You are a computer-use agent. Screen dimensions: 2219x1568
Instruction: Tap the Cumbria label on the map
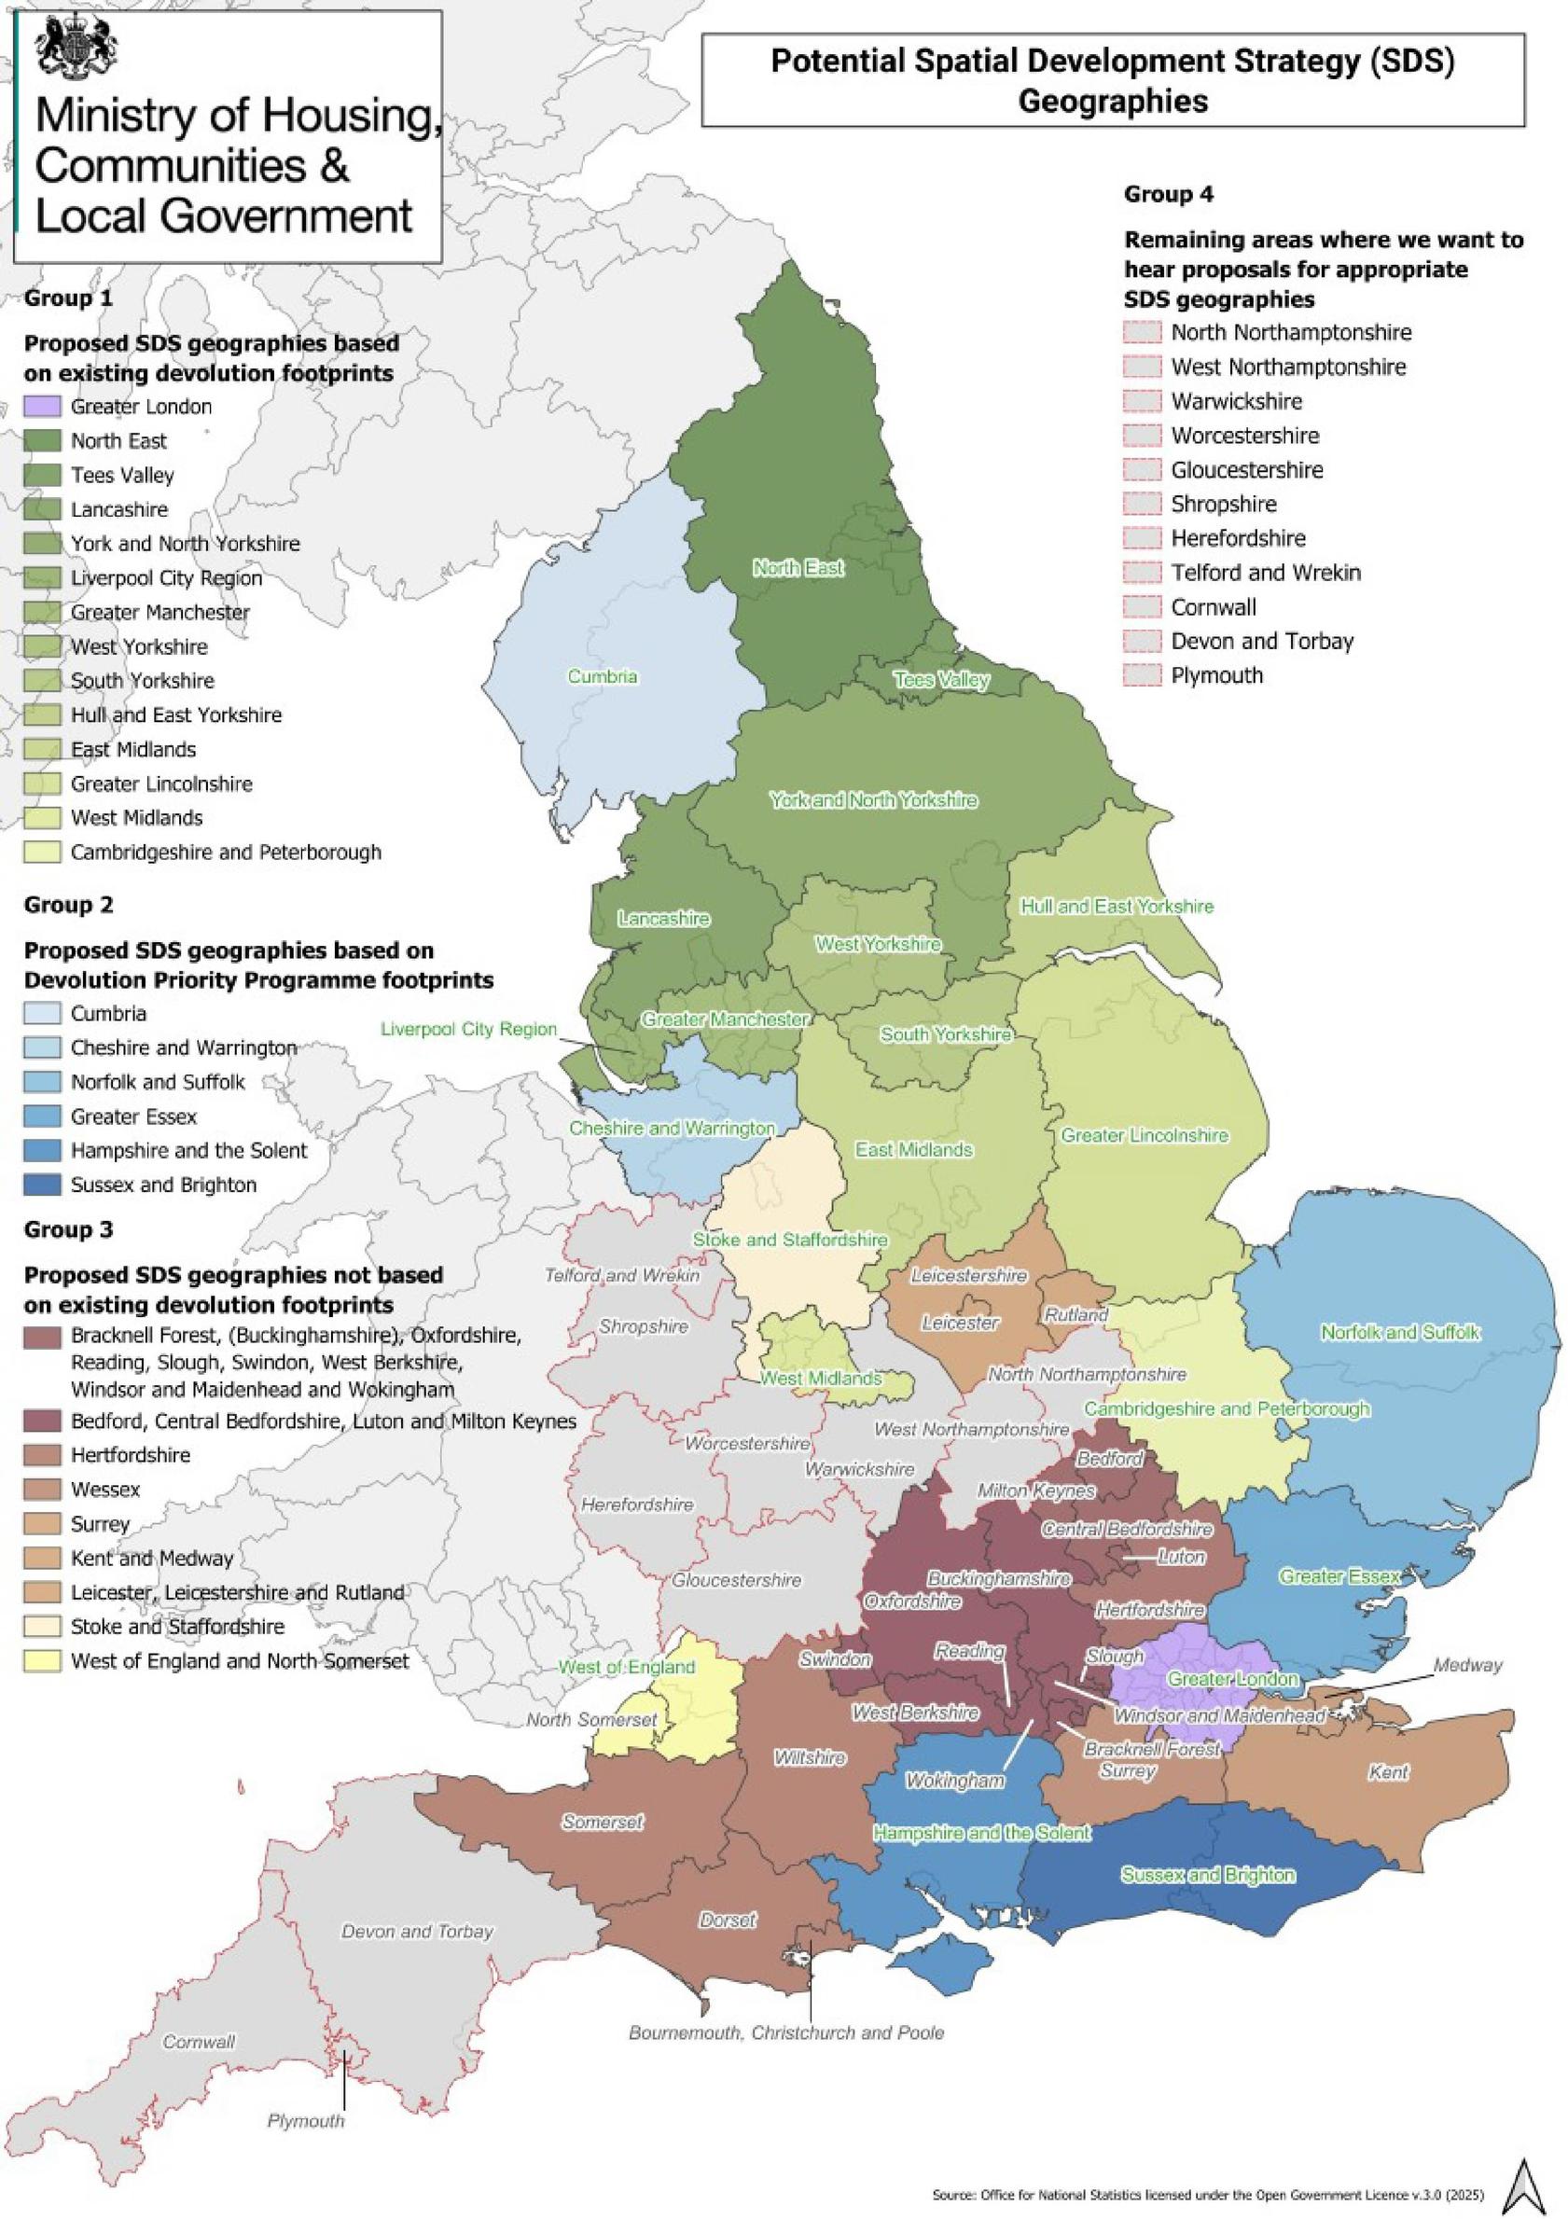(x=603, y=676)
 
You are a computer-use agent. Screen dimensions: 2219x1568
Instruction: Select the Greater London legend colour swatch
(x=43, y=407)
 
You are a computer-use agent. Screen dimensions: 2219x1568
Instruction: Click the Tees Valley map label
(x=940, y=679)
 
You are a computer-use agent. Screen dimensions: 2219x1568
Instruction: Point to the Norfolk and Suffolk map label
(x=1400, y=1333)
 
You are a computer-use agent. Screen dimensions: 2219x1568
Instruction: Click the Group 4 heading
(x=1168, y=194)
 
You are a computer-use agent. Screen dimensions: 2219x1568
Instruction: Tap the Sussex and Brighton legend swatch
(x=43, y=1185)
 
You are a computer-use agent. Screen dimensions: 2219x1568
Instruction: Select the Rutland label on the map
(x=1075, y=1315)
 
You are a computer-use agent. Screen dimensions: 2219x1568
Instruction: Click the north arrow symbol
(x=1531, y=2182)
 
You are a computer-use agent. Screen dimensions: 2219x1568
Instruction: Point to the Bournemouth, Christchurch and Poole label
(x=786, y=2032)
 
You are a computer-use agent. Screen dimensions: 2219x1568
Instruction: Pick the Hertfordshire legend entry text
(x=131, y=1455)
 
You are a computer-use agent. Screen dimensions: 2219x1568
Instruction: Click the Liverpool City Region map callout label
(x=469, y=1029)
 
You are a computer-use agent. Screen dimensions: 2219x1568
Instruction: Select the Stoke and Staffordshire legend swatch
(x=43, y=1627)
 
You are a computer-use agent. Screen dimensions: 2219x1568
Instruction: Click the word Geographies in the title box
(x=1113, y=101)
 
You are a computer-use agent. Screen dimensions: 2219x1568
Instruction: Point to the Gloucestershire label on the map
(x=737, y=1580)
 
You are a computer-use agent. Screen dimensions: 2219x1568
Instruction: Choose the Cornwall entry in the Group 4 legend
(x=1214, y=607)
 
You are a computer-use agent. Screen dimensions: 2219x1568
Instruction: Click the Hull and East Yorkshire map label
(x=1117, y=907)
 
